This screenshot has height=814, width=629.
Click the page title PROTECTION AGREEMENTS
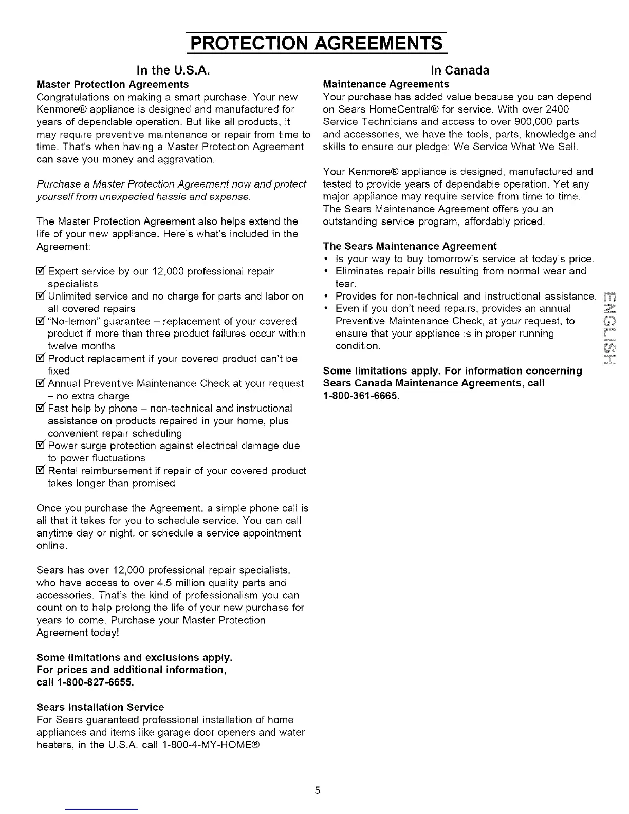(316, 42)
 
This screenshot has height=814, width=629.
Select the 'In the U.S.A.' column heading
(172, 70)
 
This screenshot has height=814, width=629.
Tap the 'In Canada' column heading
(459, 70)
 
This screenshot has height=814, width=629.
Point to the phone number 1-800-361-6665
(361, 396)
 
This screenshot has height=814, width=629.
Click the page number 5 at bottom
(318, 790)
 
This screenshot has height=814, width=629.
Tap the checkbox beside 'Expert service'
(41, 271)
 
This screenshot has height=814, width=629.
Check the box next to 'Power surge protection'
(41, 446)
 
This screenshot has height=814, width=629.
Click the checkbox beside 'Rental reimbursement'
(41, 471)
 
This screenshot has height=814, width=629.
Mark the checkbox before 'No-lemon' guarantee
(41, 321)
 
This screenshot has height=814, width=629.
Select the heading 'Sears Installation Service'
(100, 707)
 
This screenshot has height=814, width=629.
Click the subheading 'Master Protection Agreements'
(113, 84)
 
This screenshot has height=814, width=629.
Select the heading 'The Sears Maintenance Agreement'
(410, 246)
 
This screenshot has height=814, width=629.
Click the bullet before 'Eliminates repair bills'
(327, 271)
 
